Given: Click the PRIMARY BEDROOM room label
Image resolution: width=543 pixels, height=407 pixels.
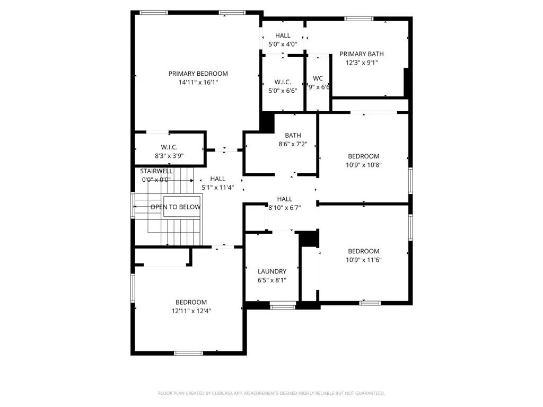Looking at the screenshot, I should pos(198,74).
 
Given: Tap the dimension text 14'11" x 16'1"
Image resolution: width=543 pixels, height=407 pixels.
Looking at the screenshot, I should pos(198,83).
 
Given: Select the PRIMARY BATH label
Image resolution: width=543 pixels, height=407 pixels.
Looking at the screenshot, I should pos(362,54).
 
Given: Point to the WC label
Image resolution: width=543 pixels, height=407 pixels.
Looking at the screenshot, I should pos(318,78).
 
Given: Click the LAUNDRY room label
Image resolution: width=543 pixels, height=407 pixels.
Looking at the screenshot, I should pos(272,271).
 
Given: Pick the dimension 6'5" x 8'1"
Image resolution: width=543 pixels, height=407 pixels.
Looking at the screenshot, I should pos(272,280).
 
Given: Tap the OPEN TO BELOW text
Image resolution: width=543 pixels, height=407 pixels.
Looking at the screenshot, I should pos(176,207).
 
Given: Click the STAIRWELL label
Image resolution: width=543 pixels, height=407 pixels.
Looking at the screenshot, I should pos(156,171).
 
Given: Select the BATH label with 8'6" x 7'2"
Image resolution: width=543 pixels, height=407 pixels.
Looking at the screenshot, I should pos(293,136).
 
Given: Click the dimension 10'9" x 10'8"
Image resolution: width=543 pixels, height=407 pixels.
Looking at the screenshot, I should pos(363,165).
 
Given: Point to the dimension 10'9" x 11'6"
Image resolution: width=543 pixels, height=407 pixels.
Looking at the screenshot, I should pos(363,260).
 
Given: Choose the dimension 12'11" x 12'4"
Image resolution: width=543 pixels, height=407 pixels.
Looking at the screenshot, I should pos(191,311).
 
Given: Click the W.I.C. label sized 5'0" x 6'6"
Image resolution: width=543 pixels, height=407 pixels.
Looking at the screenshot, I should pos(283,82).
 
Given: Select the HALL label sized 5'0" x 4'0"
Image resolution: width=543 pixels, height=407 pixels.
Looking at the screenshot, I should pos(283,36).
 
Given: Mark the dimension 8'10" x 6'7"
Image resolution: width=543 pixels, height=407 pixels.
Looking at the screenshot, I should pos(285,208).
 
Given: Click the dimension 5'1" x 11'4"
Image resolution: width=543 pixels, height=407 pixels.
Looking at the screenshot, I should pos(217,188).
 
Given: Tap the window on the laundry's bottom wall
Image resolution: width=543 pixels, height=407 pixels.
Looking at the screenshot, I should pos(283,305).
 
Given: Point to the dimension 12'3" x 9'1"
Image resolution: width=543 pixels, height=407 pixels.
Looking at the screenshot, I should pos(362,63).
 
